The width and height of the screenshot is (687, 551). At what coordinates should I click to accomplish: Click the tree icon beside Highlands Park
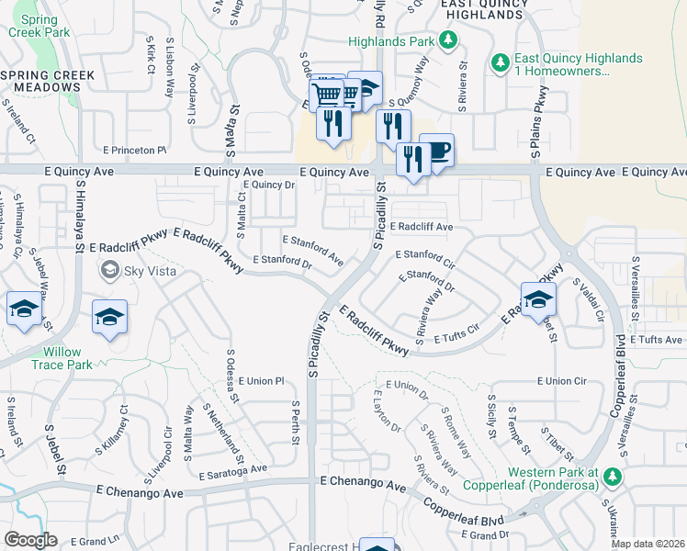[448, 39]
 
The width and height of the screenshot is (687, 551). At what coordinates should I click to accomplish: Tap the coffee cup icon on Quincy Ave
[437, 151]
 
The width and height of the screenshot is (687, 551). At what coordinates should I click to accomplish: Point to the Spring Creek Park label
[37, 25]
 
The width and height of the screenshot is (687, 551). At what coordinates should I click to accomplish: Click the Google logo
[31, 539]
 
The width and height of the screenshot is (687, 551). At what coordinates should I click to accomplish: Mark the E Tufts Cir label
[457, 333]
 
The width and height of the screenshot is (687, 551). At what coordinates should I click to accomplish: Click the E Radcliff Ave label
[422, 227]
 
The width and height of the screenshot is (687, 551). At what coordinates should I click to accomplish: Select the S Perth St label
[297, 423]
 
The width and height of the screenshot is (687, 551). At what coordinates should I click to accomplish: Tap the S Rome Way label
[456, 428]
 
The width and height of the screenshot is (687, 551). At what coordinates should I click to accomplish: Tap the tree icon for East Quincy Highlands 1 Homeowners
[501, 63]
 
